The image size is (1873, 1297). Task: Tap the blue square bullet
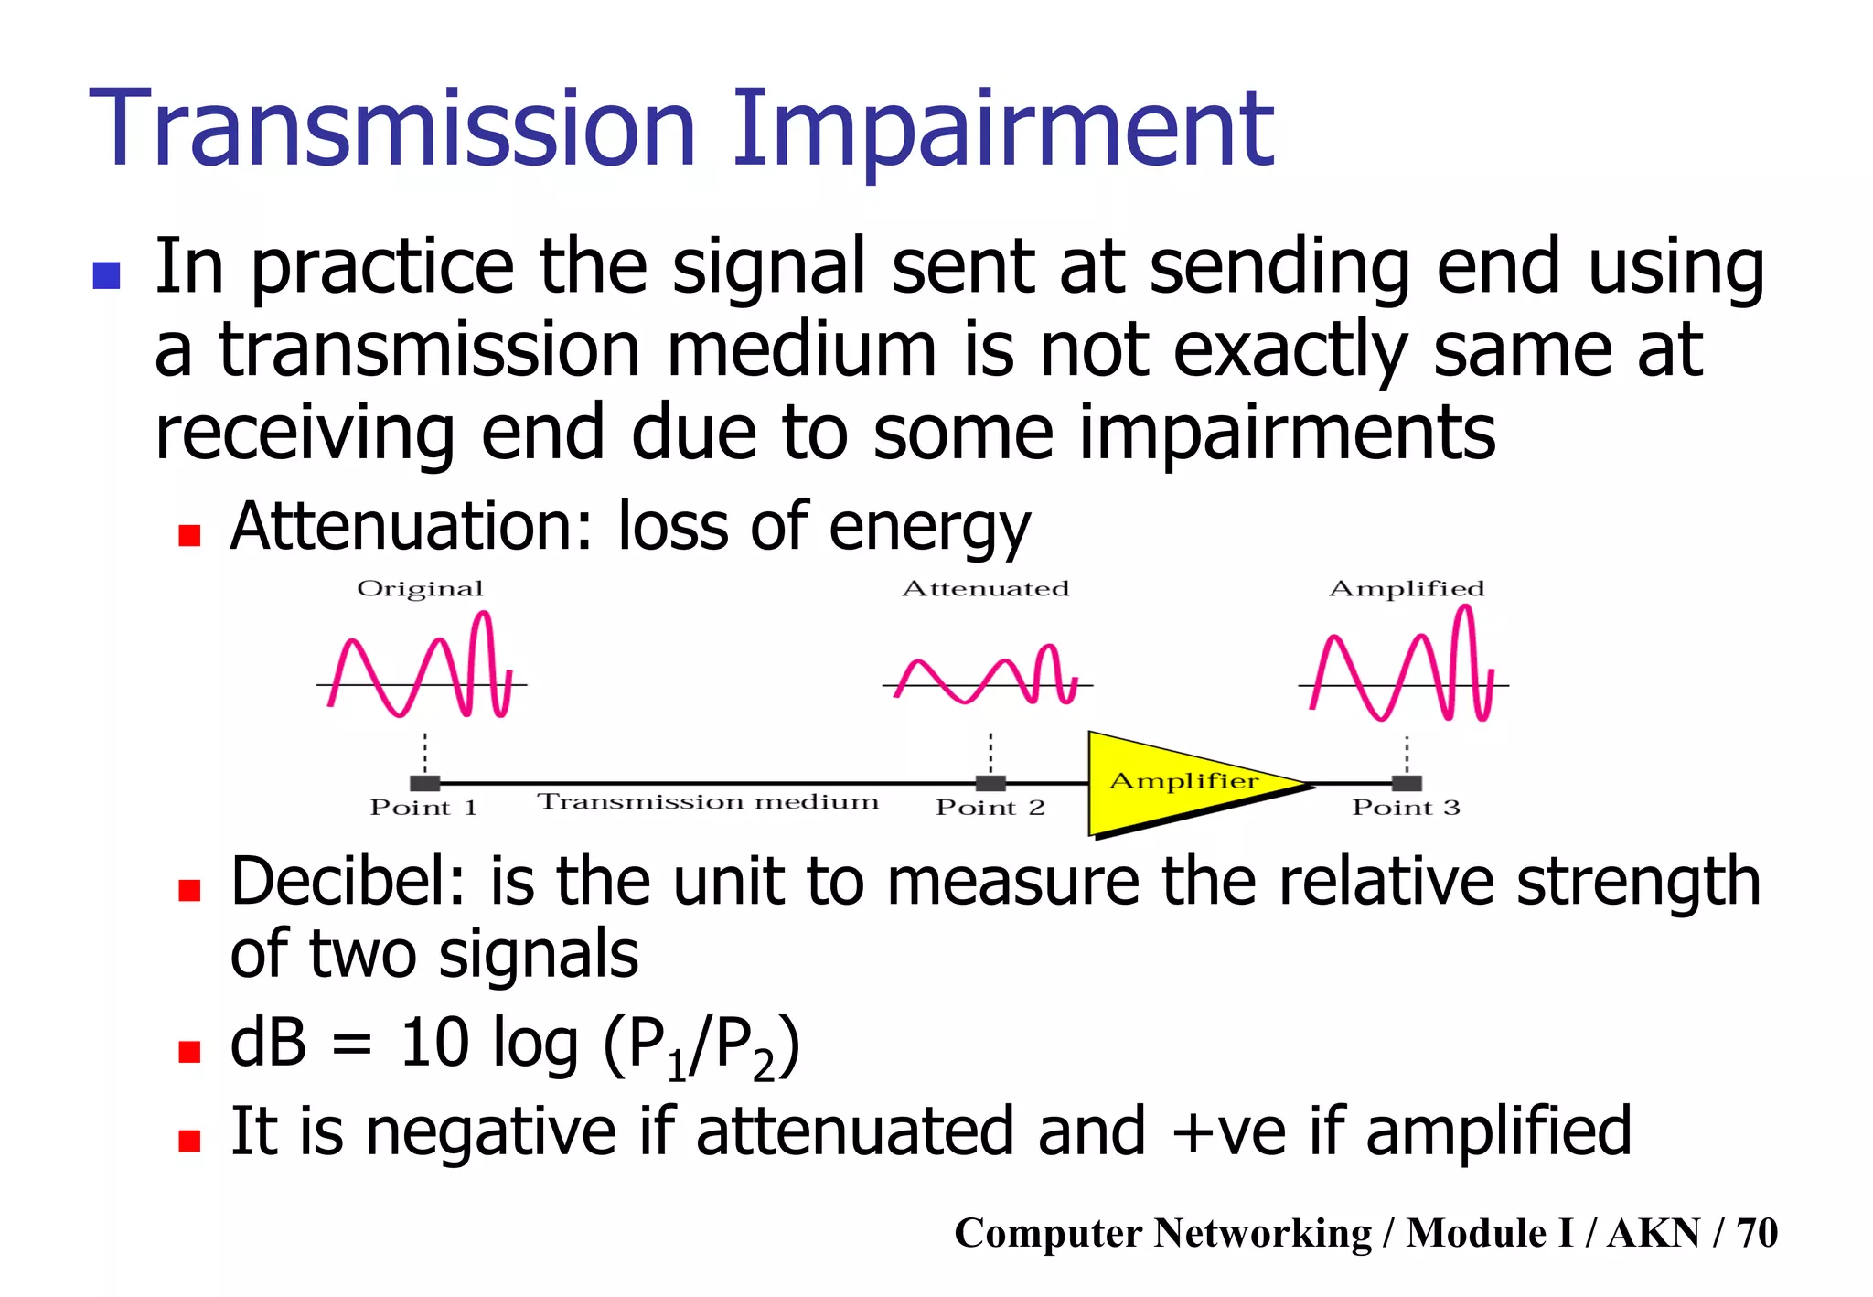(107, 275)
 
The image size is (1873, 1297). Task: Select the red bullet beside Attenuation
(189, 535)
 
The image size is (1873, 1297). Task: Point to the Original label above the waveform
(420, 589)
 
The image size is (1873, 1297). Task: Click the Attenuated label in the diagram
(985, 589)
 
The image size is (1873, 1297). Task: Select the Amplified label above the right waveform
(1407, 589)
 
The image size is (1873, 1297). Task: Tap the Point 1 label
(423, 808)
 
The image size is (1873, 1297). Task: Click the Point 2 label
(990, 808)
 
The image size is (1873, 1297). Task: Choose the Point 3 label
(1406, 808)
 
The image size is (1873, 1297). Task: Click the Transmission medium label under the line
(708, 802)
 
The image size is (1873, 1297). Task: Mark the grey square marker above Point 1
(425, 783)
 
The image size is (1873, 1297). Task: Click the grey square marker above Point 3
(1407, 783)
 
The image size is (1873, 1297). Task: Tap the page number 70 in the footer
(1757, 1233)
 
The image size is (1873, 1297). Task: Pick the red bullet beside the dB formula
(189, 1052)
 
